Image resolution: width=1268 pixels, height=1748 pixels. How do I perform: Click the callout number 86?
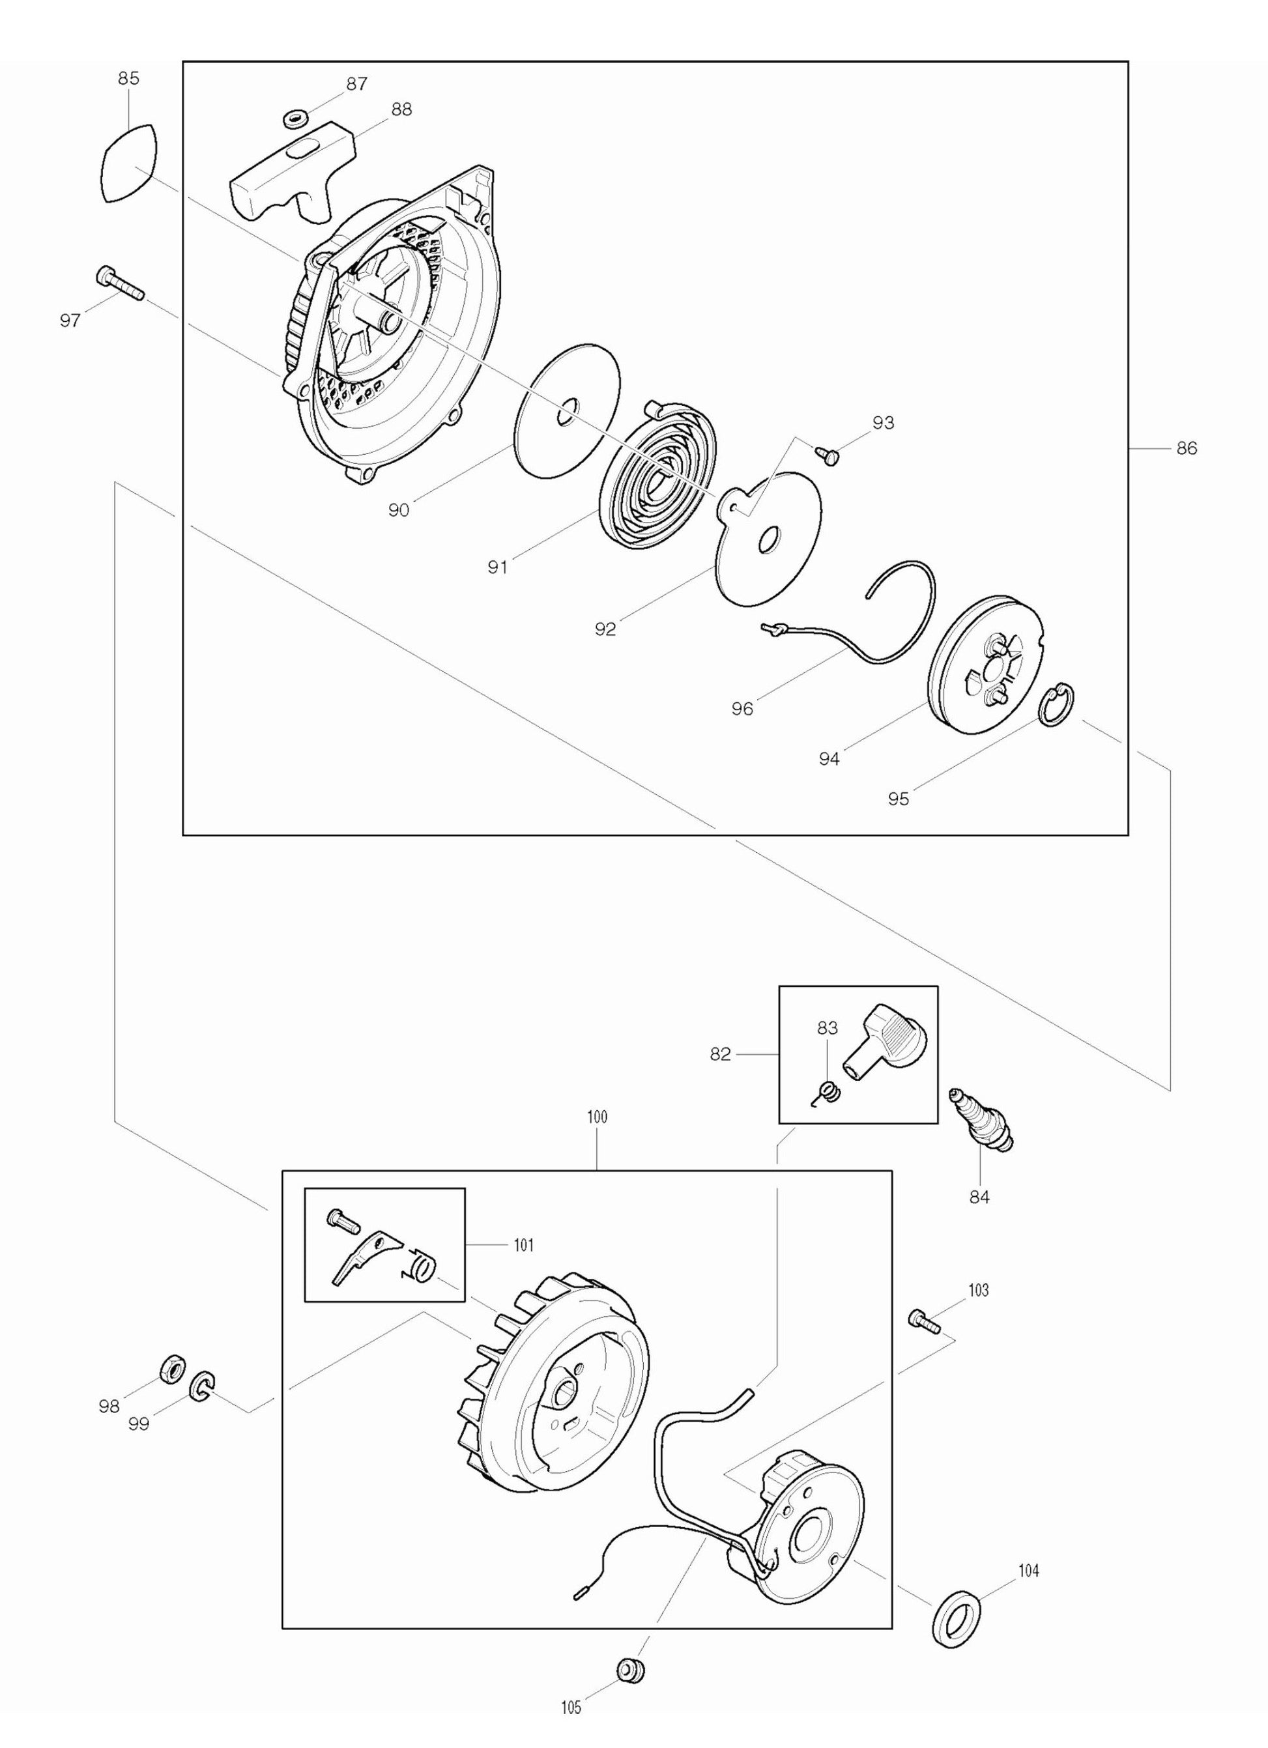pyautogui.click(x=1187, y=448)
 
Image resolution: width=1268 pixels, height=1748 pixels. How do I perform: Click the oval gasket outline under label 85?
pyautogui.click(x=130, y=163)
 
